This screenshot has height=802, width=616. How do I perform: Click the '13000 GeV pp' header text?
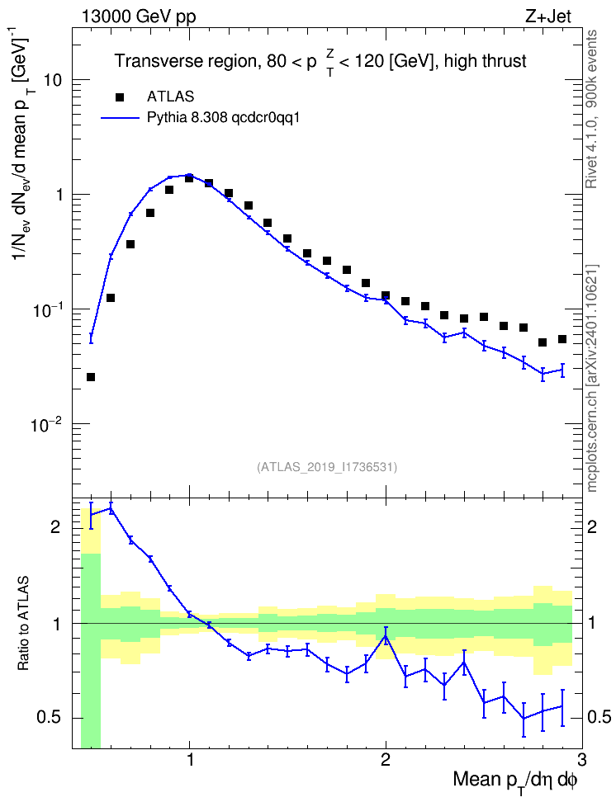(x=138, y=17)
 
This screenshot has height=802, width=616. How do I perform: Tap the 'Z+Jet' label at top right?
(x=548, y=17)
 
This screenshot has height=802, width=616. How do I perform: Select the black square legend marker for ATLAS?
(x=120, y=97)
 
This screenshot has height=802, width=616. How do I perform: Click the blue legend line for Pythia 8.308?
(x=120, y=118)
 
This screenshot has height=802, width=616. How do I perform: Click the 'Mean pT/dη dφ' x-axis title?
(x=515, y=781)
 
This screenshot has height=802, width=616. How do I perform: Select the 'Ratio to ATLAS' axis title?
(x=22, y=624)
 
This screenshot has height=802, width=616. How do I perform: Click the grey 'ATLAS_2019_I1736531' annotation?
(x=327, y=467)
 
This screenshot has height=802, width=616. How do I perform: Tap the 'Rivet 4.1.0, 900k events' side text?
(x=591, y=110)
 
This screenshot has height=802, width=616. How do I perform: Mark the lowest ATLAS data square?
(x=91, y=377)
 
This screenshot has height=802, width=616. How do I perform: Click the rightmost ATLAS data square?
(x=562, y=339)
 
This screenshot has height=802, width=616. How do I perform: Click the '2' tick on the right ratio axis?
(x=592, y=526)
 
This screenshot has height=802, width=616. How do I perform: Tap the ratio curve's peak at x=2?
(x=386, y=636)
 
